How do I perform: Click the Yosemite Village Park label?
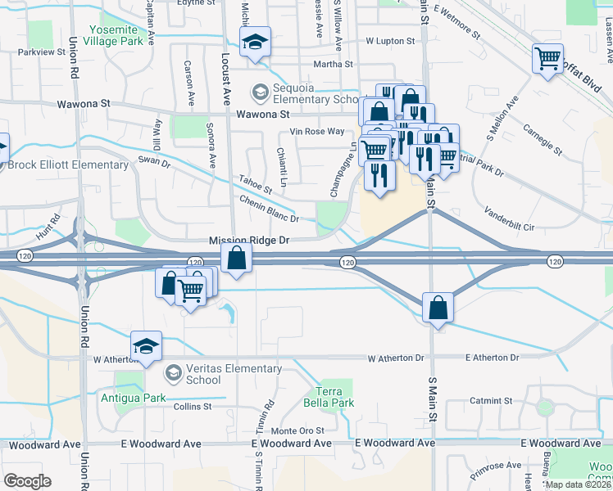click(118, 34)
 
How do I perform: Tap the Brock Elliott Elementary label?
click(67, 164)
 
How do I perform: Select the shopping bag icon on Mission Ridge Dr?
click(236, 258)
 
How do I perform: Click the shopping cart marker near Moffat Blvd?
click(547, 58)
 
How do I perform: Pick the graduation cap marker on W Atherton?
click(146, 346)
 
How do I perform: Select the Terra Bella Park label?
click(336, 397)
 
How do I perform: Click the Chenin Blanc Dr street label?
click(270, 209)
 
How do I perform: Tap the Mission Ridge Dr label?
click(250, 241)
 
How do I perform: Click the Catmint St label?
click(486, 401)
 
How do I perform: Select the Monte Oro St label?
click(298, 430)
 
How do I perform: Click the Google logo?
click(27, 481)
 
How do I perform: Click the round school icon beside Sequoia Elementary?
click(260, 90)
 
